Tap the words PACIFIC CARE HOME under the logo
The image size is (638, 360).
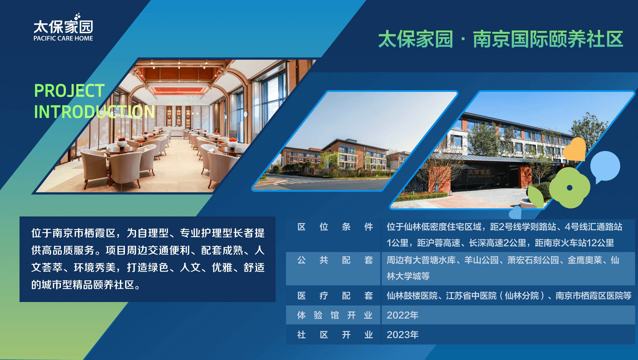(x=63, y=38)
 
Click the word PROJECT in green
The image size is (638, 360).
(x=69, y=91)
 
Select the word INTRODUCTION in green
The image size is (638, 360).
(x=94, y=112)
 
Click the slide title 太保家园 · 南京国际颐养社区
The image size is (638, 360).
(x=501, y=39)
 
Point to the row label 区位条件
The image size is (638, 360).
(x=335, y=227)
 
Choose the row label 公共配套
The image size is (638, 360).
(x=335, y=260)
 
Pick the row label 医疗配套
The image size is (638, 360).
(x=335, y=296)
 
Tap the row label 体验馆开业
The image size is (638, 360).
(x=335, y=315)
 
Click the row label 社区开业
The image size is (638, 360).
(x=335, y=335)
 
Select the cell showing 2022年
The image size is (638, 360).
(x=403, y=315)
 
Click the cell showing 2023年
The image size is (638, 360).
(x=403, y=335)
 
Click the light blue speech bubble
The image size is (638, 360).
(x=605, y=167)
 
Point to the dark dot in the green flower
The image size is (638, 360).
(x=570, y=188)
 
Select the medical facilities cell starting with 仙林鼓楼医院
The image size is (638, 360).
(x=509, y=296)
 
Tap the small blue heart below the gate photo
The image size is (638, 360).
(x=515, y=213)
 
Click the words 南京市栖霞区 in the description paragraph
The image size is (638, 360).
(x=84, y=233)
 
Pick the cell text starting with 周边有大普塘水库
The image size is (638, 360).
(x=503, y=268)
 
